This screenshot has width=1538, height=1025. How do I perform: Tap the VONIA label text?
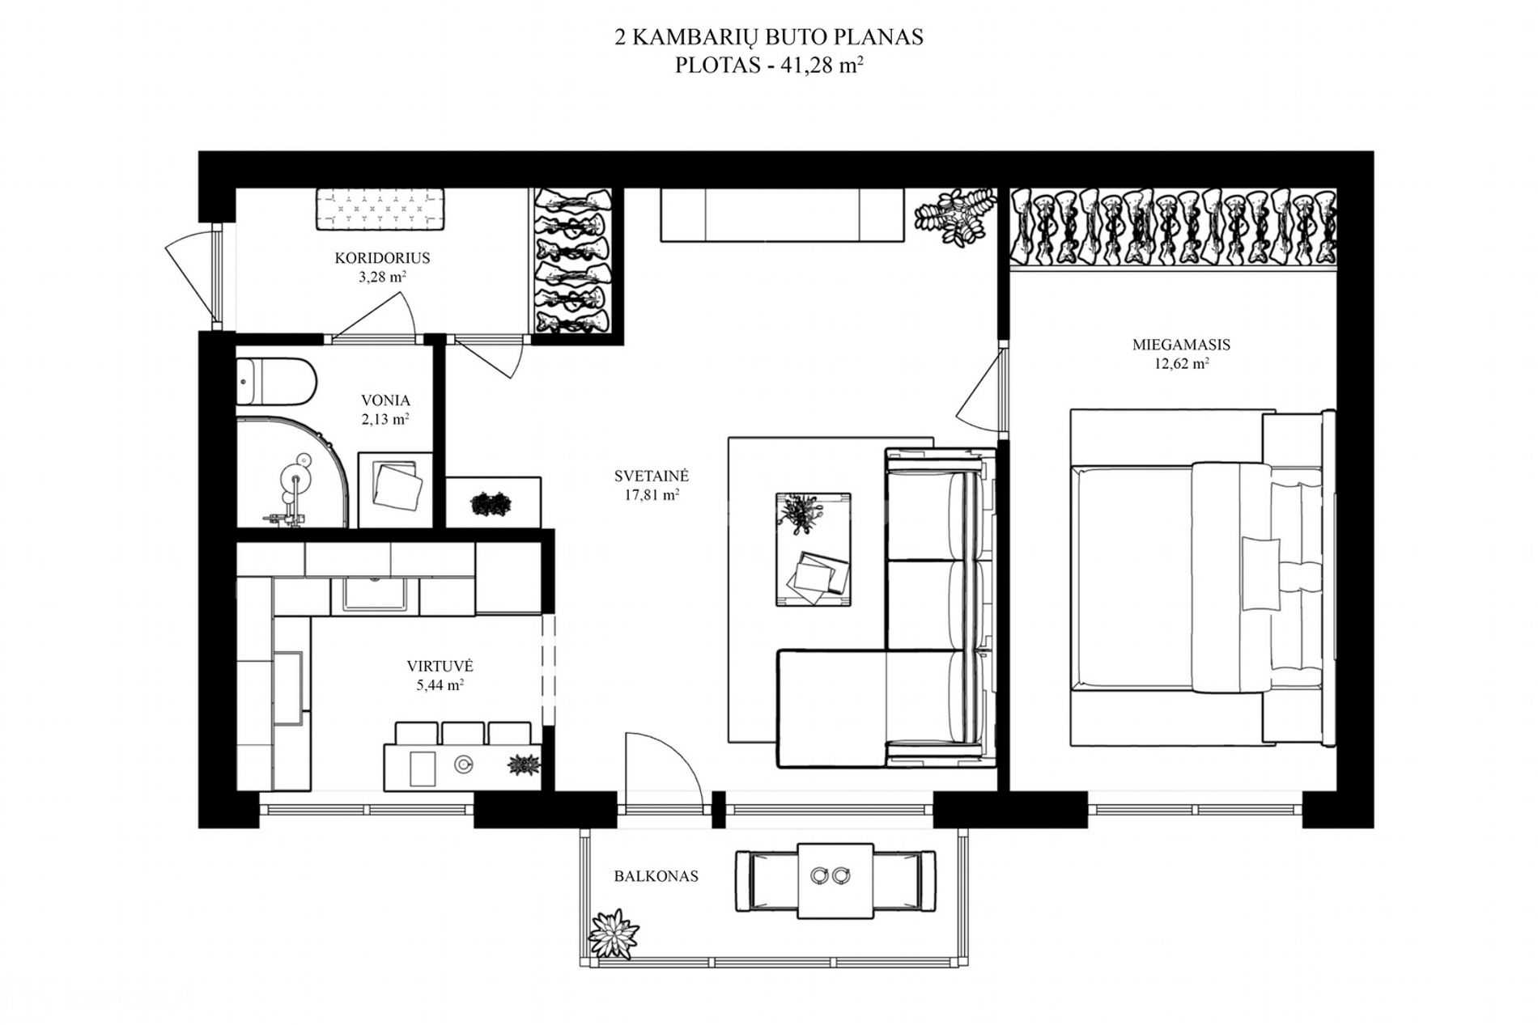point(385,400)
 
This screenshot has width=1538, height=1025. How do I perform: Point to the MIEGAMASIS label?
point(1181,345)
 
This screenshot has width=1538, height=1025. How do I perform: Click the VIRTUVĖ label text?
point(440,667)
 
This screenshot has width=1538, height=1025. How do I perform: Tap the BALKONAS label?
point(656,876)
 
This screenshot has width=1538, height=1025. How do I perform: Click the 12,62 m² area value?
point(1182,364)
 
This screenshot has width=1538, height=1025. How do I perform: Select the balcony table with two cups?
point(835,880)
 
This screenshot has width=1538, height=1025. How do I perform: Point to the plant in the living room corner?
point(954,215)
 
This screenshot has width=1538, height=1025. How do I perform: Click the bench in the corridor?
point(380,209)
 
